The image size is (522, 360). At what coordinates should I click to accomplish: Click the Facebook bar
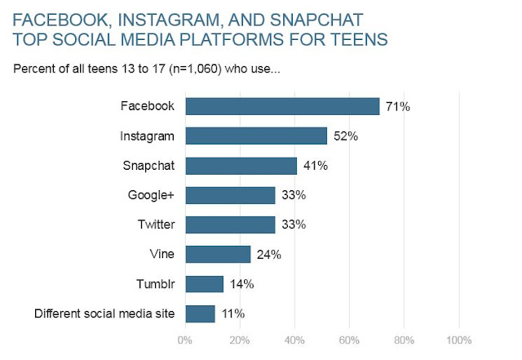(283, 106)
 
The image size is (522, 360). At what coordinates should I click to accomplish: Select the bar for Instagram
(256, 136)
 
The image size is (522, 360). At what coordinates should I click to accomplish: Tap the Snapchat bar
(241, 166)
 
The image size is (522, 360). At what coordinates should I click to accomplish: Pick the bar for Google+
(230, 195)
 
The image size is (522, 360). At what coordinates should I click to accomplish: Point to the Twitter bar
(230, 224)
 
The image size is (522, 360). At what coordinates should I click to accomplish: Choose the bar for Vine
(218, 254)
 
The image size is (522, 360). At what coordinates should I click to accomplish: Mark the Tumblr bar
(204, 284)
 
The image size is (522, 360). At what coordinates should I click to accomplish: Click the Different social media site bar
(200, 313)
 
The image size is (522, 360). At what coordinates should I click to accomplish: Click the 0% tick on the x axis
(185, 340)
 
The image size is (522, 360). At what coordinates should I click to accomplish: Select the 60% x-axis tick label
(349, 340)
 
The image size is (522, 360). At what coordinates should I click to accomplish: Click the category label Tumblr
(156, 284)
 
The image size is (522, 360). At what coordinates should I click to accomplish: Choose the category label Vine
(164, 255)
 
